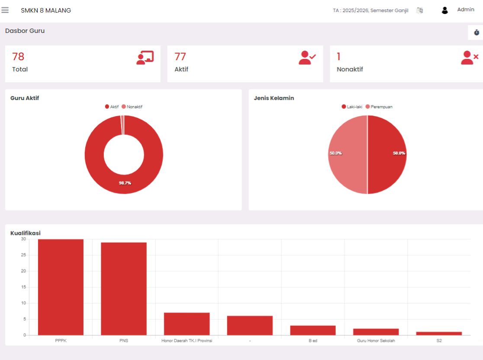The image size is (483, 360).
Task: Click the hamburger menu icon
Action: point(5,10)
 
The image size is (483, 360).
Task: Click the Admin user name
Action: point(465,10)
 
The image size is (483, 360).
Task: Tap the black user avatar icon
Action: point(444,10)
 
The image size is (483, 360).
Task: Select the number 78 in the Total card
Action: point(18,56)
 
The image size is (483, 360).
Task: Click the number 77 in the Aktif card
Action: point(180,56)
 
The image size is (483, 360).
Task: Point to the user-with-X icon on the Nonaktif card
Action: point(470,58)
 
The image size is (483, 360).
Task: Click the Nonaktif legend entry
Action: point(132,107)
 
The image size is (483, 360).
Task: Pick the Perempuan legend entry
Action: point(379,107)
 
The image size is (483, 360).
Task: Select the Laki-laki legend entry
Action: point(352,107)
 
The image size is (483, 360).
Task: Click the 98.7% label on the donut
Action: point(125,183)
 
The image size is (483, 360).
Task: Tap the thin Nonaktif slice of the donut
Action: point(122,125)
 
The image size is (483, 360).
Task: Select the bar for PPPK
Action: point(61,287)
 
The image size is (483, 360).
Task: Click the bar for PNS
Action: point(124,289)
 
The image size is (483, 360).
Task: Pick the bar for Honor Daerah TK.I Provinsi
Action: point(187,324)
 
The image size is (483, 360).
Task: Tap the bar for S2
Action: point(439,334)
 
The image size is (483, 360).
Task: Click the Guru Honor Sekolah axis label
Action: point(376,341)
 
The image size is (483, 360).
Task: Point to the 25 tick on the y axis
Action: point(23,255)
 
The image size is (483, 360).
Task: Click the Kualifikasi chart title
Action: point(26,233)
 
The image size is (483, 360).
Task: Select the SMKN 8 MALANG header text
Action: point(46,10)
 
